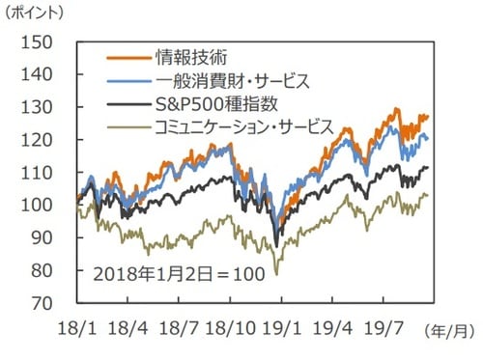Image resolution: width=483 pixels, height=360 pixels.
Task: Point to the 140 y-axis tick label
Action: pos(50,74)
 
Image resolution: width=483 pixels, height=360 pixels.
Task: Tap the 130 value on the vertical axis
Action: pos(50,107)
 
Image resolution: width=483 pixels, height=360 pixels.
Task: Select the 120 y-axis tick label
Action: pos(50,140)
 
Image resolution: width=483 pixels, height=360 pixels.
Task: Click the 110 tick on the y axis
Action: pos(50,173)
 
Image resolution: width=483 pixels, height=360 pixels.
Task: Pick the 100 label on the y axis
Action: pos(50,206)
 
